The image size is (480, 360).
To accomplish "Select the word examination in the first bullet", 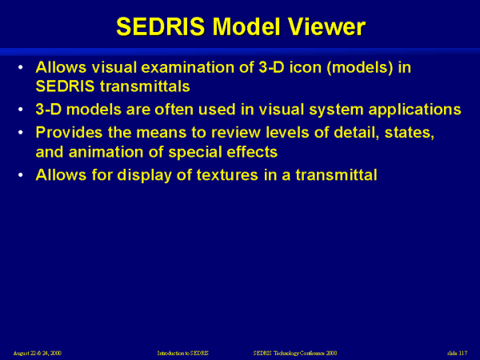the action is point(189,67).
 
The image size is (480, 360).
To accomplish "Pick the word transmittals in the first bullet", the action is point(145,86).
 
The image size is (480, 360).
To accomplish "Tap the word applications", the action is point(414,110).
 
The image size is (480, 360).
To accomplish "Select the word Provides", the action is point(69,133).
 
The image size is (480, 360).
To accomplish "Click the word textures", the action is point(227,175).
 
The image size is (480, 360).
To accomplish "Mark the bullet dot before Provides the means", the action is point(20,133).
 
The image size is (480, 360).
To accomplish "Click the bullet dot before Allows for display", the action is point(20,175).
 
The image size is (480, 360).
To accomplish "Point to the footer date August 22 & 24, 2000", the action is point(38,353).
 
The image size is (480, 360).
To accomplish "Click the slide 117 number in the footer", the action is point(457,353).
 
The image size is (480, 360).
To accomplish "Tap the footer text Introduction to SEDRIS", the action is point(182,353).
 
